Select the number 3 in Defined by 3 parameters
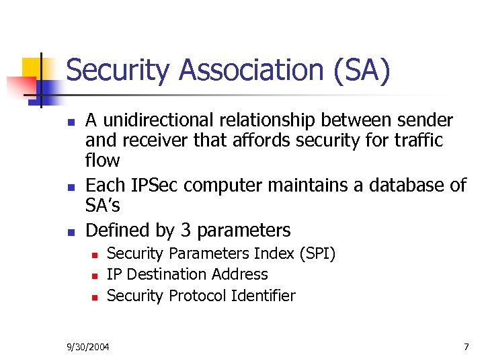point(186,231)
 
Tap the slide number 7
point(466,347)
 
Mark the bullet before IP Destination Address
point(95,276)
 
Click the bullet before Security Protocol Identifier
point(95,297)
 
